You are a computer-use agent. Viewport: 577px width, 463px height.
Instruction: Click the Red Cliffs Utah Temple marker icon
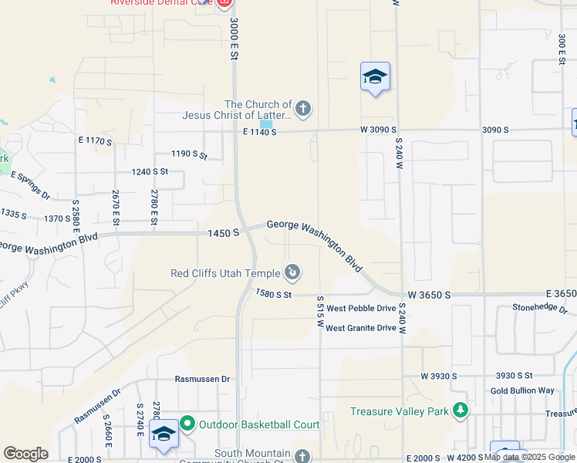[x=293, y=272]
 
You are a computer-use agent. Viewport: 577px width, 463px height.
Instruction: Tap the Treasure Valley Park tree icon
[x=461, y=411]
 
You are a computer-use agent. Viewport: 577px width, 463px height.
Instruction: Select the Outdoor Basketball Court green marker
[x=187, y=424]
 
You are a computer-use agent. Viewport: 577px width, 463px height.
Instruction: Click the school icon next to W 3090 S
[x=375, y=76]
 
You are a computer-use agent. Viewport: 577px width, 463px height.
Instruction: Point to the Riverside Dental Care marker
[x=224, y=3]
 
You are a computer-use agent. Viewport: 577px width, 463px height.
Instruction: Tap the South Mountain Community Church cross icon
[x=302, y=456]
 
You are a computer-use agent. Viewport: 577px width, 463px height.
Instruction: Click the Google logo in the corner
[x=25, y=454]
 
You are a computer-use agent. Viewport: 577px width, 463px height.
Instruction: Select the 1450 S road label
[x=223, y=232]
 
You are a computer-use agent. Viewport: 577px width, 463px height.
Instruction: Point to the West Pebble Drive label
[x=361, y=308]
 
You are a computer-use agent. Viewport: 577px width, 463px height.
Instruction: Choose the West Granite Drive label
[x=361, y=328]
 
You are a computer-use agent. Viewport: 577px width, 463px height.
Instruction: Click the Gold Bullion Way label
[x=522, y=390]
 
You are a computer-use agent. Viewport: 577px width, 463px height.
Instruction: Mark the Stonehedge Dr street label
[x=540, y=308]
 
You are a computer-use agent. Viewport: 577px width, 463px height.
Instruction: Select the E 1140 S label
[x=259, y=132]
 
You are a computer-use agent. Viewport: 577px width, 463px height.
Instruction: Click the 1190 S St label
[x=190, y=154]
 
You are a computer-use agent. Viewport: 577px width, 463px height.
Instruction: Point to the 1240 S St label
[x=150, y=171]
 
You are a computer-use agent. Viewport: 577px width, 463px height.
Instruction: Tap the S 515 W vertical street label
[x=319, y=313]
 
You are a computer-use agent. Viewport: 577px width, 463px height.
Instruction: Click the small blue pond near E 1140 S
[x=266, y=123]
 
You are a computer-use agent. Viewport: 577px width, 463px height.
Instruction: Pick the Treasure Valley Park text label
[x=399, y=411]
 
